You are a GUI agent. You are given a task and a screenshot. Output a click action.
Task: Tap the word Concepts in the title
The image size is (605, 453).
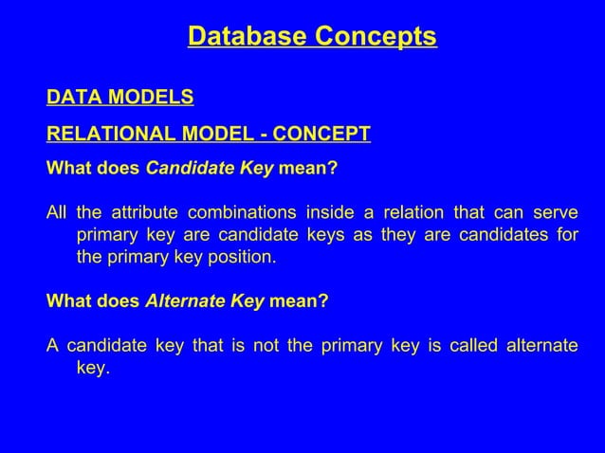(376, 37)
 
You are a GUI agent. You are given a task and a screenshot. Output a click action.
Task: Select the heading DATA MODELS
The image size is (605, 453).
(120, 98)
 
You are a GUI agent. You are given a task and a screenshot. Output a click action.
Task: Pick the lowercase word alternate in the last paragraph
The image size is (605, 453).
(543, 345)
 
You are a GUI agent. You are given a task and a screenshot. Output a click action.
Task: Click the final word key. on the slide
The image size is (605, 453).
(93, 369)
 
